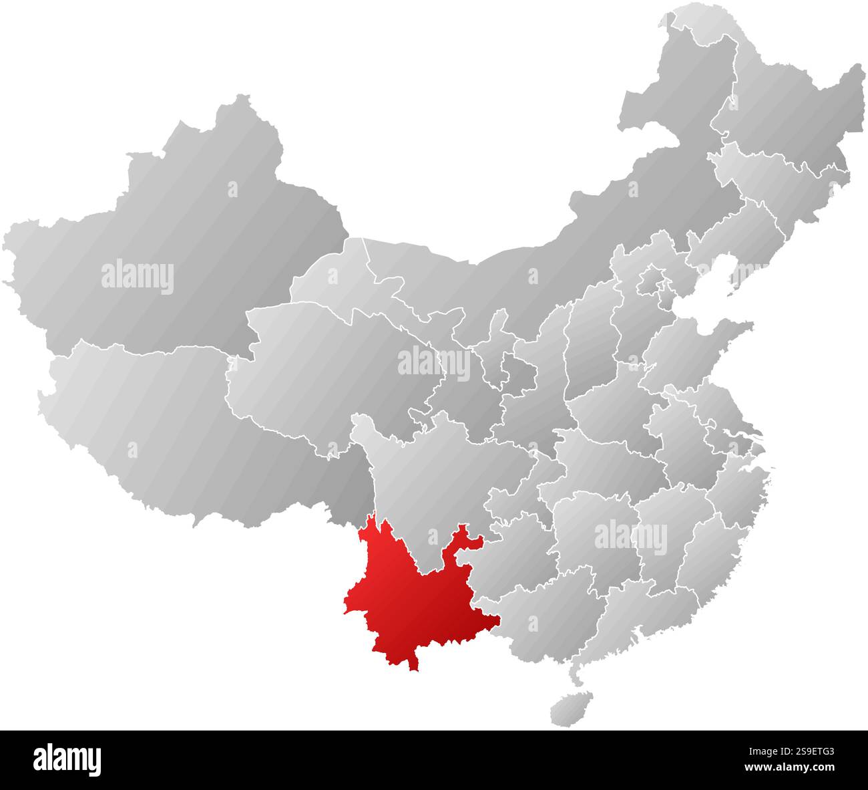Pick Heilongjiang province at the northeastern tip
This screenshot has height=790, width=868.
tap(788, 100)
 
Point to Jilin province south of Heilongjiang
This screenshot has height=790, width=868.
tap(781, 174)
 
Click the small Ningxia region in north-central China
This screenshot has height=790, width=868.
tap(497, 334)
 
